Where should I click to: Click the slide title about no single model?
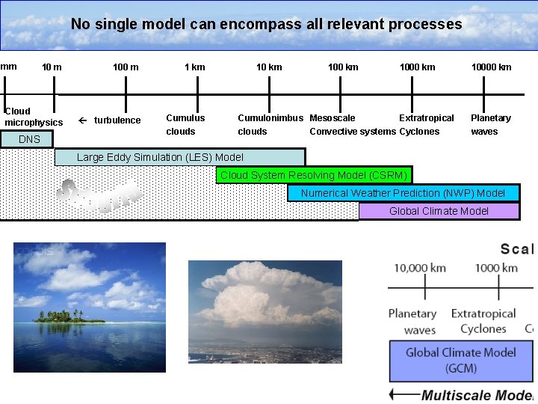coord(267,24)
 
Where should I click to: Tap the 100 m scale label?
coord(126,67)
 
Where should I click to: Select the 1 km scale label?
coord(194,67)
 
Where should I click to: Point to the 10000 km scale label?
coord(491,67)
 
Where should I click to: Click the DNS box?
coord(29,139)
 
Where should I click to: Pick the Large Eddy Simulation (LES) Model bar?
coord(179,157)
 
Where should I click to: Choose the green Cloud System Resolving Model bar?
coord(314,175)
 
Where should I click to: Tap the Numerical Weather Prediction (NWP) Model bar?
coord(403,193)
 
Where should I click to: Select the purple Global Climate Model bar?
coord(439,211)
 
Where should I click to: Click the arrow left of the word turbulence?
coord(83,120)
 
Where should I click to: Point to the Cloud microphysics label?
coord(34,117)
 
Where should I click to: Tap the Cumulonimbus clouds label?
coord(270,124)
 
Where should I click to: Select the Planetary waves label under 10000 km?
coord(490,124)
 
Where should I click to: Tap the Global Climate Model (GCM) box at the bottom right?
coord(460,360)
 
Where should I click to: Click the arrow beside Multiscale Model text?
coord(403,394)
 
